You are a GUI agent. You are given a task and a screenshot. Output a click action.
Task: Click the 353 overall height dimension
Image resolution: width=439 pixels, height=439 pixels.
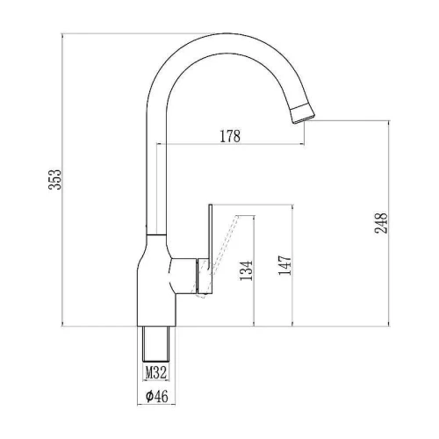(x=55, y=179)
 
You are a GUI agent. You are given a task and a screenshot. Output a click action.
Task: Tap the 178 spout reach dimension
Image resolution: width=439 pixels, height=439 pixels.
(x=230, y=136)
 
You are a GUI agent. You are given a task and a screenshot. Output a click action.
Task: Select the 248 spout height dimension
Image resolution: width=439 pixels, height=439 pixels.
(x=381, y=223)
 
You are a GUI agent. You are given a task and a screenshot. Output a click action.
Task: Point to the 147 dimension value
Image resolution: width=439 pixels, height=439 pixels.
(x=284, y=265)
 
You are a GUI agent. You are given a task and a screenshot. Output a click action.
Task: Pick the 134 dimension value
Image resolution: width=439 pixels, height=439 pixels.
(x=246, y=270)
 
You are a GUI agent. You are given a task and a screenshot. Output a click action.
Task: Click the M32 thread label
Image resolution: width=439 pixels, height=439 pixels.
(x=156, y=373)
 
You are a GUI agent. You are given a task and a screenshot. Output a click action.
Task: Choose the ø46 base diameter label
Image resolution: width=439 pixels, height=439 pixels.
(x=157, y=396)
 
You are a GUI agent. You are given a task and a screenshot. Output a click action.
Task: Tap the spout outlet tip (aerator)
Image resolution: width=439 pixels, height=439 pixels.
(x=302, y=114)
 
